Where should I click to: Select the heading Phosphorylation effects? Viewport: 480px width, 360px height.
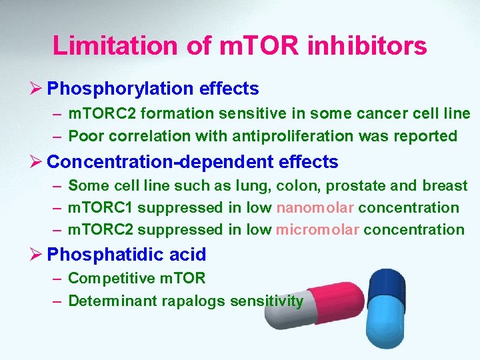coord(153,88)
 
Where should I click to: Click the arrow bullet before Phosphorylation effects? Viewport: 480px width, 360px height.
coord(38,88)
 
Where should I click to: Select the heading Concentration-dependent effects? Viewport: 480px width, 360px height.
coord(193,162)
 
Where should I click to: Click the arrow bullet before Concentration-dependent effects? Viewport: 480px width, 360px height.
coord(38,162)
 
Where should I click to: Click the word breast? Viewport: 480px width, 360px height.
coord(445,185)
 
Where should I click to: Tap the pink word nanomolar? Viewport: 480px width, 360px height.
coord(315,207)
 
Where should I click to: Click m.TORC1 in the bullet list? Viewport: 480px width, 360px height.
coord(101,207)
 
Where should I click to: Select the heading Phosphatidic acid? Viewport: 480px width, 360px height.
coord(127,254)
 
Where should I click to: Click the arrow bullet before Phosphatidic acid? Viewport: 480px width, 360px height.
coord(38,254)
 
